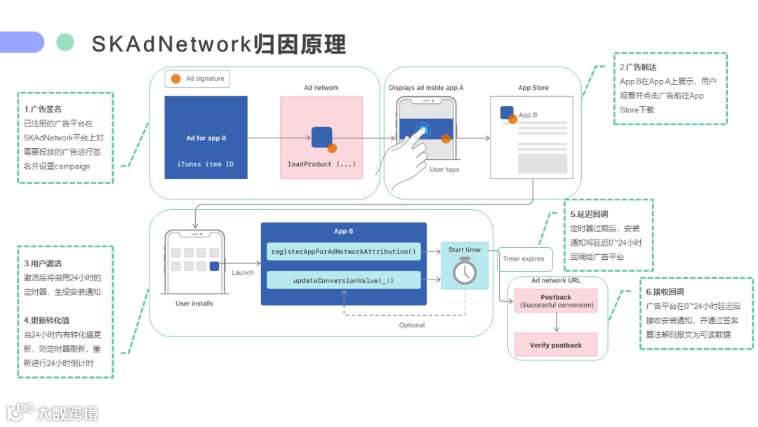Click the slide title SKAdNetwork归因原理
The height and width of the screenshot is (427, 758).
218,44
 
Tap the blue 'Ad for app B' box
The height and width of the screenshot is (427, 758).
206,138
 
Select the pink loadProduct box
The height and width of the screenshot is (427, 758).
321,138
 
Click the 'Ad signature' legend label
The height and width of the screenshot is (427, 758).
205,79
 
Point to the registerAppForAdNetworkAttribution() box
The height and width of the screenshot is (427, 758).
343,251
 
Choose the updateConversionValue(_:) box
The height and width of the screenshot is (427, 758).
343,280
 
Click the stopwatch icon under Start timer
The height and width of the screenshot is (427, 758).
465,271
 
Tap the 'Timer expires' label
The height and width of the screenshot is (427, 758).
523,258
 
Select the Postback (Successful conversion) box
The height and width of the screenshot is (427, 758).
556,301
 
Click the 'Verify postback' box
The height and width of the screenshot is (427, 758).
556,345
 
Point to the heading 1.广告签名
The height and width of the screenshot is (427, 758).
43,109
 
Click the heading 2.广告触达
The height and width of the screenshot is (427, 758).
638,67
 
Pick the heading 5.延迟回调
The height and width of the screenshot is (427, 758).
589,213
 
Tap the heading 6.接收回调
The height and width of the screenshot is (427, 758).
665,291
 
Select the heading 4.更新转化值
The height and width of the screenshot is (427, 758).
46,320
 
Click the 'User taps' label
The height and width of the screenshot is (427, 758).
444,169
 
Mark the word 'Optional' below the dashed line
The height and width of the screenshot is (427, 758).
412,325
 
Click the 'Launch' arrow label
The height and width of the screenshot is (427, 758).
243,272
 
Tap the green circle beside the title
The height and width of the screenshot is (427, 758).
65,42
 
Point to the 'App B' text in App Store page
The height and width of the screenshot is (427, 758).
528,115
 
